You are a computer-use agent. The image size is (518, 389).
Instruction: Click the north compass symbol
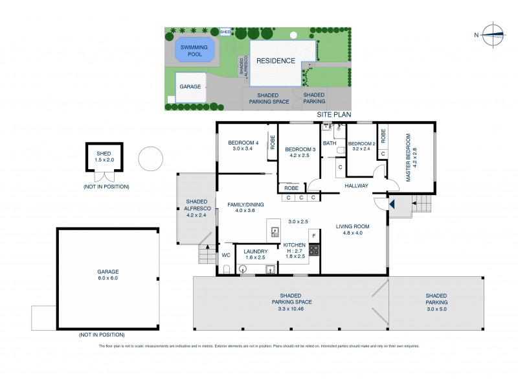tap(491, 34)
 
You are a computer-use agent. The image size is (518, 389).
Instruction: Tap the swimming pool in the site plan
tap(191, 51)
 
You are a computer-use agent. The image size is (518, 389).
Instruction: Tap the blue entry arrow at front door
tap(392, 204)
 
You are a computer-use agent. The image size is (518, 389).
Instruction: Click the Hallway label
tap(356, 185)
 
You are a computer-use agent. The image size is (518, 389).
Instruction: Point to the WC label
tap(225, 254)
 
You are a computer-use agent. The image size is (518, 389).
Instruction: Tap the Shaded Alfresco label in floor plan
tap(196, 205)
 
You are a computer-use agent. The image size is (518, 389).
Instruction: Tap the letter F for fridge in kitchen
tap(313, 235)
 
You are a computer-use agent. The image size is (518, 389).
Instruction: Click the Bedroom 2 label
tap(361, 144)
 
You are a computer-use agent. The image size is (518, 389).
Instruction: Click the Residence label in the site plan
tap(276, 60)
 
